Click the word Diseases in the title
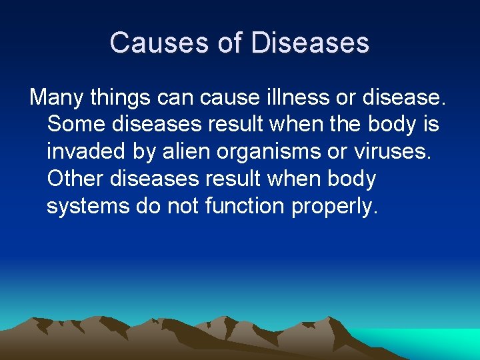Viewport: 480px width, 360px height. tap(310, 43)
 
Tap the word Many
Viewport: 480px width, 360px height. tap(58, 97)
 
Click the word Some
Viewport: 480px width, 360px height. tap(73, 125)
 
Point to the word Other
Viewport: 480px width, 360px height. tap(74, 179)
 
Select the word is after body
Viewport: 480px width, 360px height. tap(429, 125)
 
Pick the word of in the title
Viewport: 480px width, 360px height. tap(231, 43)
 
